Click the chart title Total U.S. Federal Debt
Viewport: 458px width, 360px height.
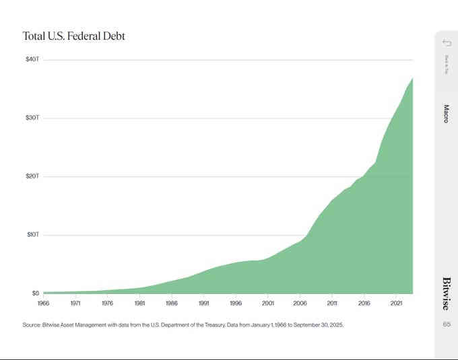coord(73,36)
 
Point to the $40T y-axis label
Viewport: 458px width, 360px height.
coord(32,59)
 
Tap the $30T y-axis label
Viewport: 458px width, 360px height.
coord(32,118)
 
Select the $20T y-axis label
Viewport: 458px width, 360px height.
coord(32,176)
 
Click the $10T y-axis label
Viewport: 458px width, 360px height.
coord(32,235)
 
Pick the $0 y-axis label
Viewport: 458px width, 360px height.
coord(35,293)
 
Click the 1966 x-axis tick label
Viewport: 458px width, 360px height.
coord(43,303)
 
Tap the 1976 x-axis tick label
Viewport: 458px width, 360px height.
coord(107,303)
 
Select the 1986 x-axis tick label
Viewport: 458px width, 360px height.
coord(171,303)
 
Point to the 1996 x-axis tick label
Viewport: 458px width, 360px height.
coord(235,303)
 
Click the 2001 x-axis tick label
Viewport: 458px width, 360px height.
coord(267,303)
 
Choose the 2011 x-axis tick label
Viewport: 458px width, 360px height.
coord(331,303)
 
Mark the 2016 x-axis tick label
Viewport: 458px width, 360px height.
coord(364,303)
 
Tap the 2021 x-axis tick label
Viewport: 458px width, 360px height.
coord(396,303)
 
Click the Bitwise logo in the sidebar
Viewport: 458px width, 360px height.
coord(446,293)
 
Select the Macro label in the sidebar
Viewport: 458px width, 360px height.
coord(446,113)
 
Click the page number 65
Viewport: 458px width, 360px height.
coord(446,324)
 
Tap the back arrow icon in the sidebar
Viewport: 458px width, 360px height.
coord(446,43)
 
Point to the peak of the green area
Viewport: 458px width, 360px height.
coord(412,79)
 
